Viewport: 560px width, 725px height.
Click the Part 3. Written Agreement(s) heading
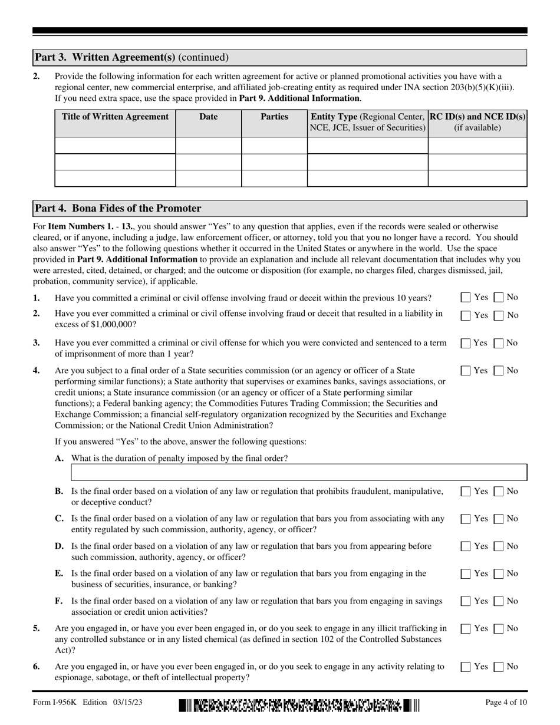[131, 57]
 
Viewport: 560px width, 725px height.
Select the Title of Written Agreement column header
[116, 117]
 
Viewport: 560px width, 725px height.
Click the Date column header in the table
[208, 117]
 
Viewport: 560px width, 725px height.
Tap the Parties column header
[274, 117]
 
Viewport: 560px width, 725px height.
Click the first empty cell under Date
[208, 146]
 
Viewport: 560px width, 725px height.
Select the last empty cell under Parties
[274, 179]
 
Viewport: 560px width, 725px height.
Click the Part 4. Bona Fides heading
[118, 208]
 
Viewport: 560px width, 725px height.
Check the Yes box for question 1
[466, 298]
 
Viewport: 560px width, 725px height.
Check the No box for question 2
[499, 315]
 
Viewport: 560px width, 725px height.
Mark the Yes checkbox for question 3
[466, 343]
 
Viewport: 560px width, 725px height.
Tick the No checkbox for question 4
[499, 371]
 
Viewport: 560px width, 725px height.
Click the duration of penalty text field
[299, 473]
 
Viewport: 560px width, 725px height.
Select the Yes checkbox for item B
[466, 492]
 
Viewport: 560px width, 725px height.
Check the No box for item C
[499, 519]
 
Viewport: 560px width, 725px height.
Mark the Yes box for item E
[466, 574]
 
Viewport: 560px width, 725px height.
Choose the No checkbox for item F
[499, 601]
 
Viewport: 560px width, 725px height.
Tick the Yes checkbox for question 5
[466, 629]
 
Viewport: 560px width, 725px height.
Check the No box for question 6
[499, 667]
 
